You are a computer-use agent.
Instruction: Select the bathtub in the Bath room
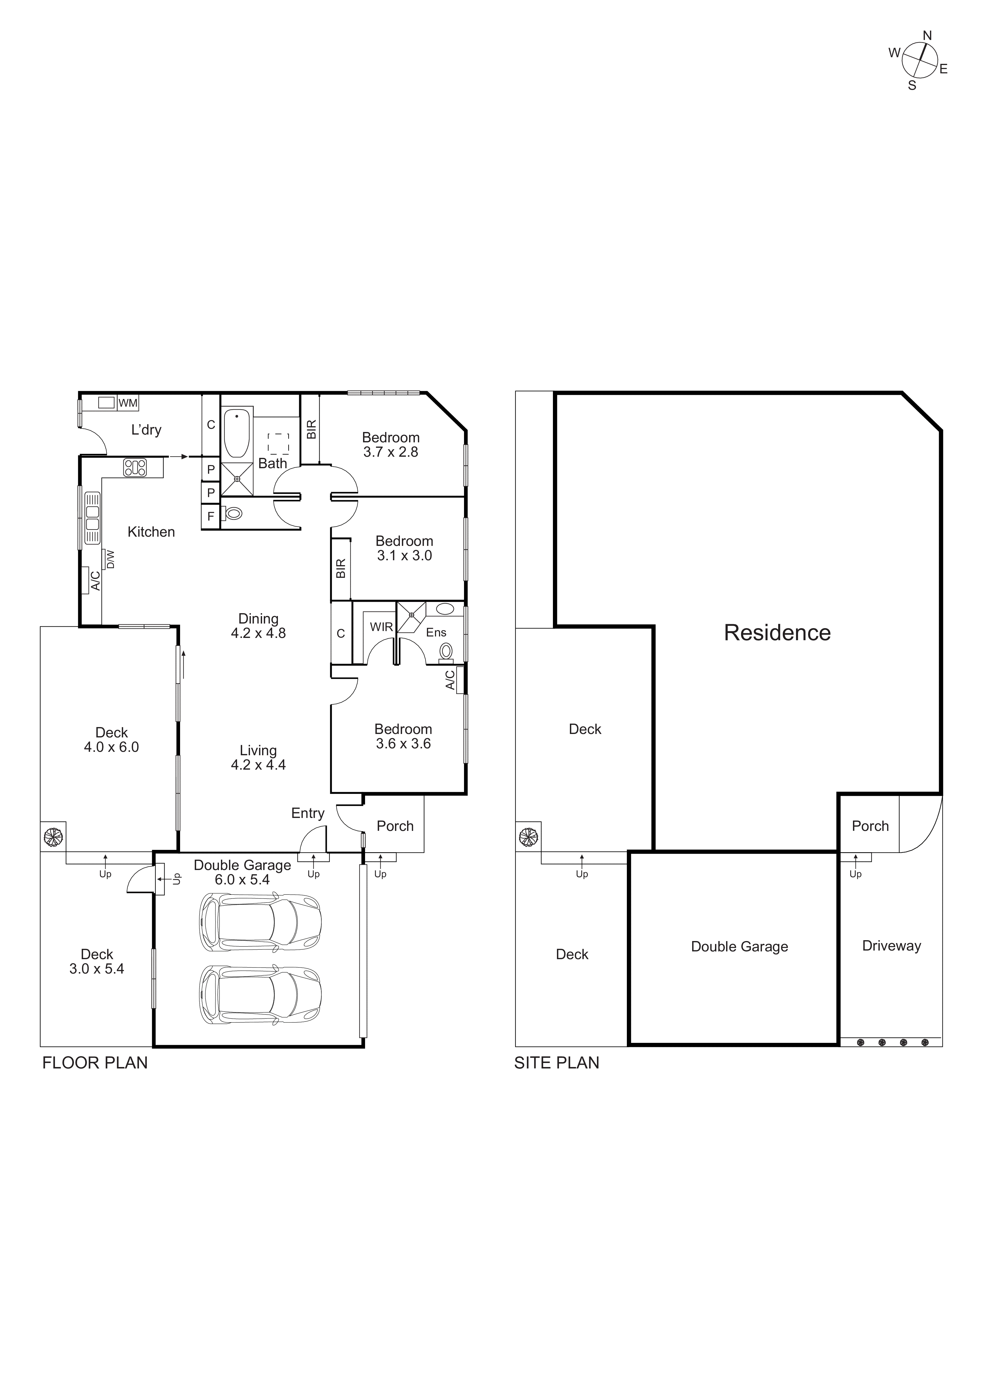coord(237,433)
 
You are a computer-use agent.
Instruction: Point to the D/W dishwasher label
coord(110,559)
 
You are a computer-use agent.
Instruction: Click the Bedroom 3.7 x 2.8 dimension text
coord(391,452)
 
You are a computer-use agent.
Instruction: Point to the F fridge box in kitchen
coord(211,517)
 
